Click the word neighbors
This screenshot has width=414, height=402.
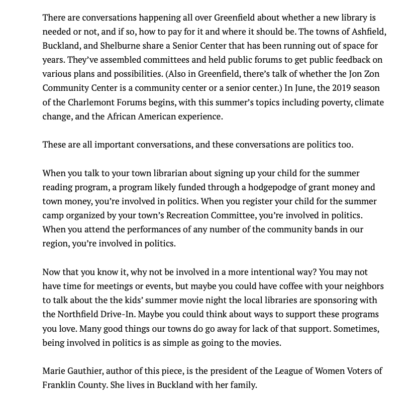click(359, 286)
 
